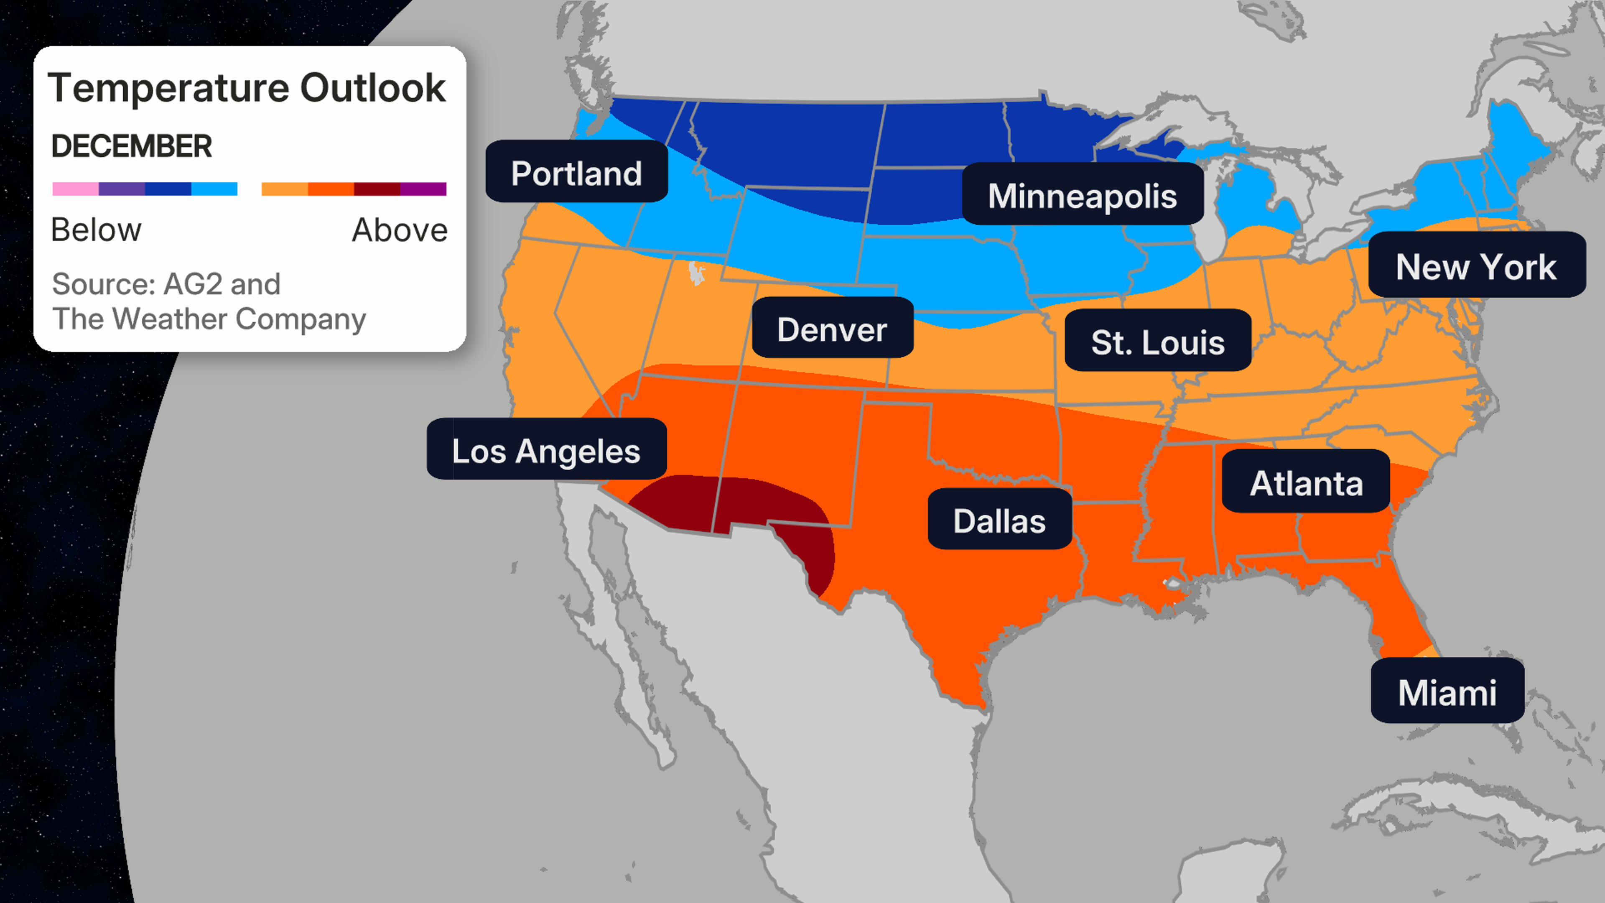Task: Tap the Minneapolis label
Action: tap(1082, 195)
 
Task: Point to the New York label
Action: tap(1476, 266)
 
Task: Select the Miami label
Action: tap(1447, 691)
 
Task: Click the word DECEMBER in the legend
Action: tap(132, 146)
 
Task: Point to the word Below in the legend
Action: tap(96, 230)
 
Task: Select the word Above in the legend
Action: tap(400, 230)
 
